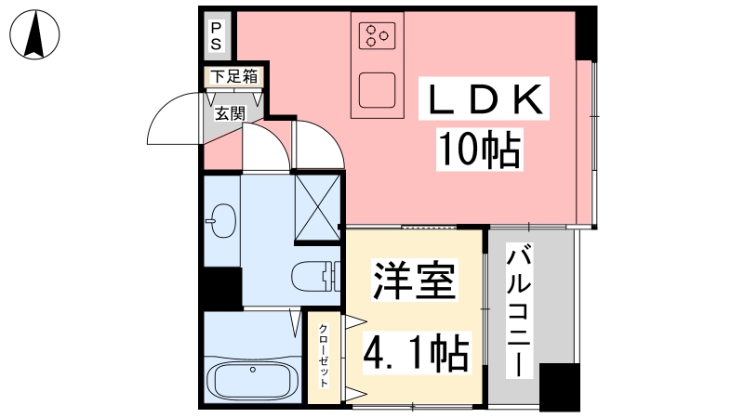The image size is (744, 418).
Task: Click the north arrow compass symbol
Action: (34, 34)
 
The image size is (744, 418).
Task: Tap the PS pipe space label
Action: (216, 36)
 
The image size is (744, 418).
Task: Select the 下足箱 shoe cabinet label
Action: (234, 76)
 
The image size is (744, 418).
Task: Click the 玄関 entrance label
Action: (230, 113)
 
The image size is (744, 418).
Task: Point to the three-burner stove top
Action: (378, 35)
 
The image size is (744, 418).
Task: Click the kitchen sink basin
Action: (378, 90)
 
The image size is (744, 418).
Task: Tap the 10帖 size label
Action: (480, 150)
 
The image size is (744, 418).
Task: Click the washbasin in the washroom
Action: (221, 220)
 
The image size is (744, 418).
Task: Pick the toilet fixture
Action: (316, 276)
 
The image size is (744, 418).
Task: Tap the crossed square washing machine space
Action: (317, 207)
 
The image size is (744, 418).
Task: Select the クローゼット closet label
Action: (323, 356)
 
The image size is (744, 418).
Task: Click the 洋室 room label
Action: (415, 281)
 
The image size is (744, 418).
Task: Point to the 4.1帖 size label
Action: (417, 353)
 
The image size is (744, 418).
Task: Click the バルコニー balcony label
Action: (519, 311)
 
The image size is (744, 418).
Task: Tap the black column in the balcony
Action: (560, 386)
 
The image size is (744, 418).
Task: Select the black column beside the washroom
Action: (223, 289)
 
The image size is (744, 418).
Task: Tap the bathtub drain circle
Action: (253, 370)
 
